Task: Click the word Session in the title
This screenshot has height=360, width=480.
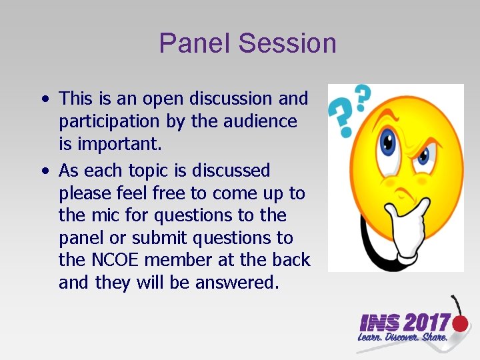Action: click(x=287, y=44)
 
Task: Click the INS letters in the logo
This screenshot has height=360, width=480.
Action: click(x=379, y=324)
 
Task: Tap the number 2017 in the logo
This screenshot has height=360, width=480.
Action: click(x=426, y=323)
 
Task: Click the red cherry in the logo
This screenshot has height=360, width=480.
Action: click(x=460, y=323)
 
